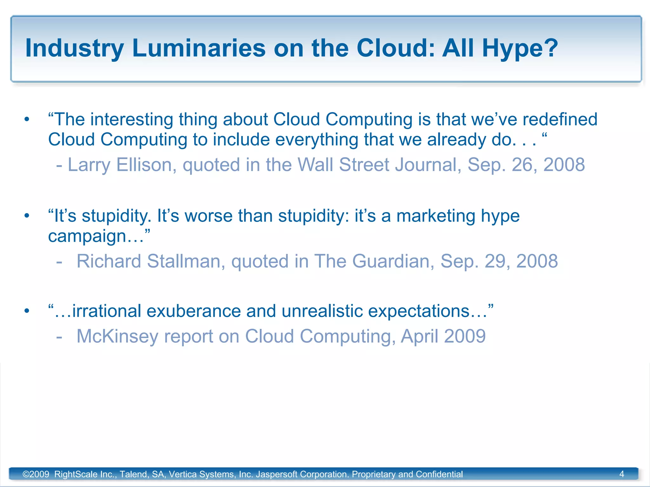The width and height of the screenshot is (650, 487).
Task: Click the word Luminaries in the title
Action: click(199, 48)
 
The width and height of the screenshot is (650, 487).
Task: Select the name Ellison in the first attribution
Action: click(144, 165)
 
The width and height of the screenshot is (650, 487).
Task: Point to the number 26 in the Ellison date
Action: click(524, 165)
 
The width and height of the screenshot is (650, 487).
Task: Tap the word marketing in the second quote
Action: click(436, 216)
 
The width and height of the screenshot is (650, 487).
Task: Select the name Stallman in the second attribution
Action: click(186, 261)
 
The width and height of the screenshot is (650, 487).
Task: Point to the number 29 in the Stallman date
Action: click(497, 261)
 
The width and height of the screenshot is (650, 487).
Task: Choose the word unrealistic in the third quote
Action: click(322, 311)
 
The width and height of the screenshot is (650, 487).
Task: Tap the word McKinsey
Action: click(117, 336)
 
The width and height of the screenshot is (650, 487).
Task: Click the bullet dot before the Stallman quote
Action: click(27, 216)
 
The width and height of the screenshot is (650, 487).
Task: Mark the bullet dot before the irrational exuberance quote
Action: click(27, 311)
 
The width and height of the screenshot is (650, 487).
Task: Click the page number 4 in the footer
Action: click(621, 474)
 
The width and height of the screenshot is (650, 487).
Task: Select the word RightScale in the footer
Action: click(76, 474)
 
